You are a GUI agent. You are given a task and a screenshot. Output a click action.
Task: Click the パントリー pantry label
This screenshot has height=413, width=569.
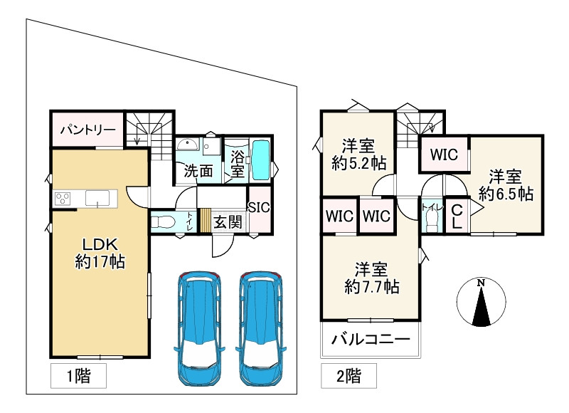click(x=87, y=130)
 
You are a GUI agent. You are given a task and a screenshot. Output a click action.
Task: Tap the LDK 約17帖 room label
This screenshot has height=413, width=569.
click(x=100, y=253)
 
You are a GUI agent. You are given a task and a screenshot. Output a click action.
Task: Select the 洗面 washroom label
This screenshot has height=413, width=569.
click(x=198, y=171)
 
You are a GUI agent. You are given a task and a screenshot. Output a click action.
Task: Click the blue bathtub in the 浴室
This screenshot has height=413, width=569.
click(x=260, y=160)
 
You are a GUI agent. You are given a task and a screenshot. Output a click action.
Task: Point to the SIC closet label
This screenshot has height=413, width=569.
click(x=259, y=206)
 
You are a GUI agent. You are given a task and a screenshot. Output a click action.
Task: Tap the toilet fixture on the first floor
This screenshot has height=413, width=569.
click(x=163, y=221)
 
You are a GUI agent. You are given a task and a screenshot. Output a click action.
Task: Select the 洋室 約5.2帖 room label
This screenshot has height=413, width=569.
click(x=358, y=155)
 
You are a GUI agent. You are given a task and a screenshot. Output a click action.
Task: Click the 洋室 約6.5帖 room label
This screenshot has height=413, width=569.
click(x=506, y=184)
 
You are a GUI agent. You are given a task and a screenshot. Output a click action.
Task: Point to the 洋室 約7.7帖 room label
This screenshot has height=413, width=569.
click(x=371, y=278)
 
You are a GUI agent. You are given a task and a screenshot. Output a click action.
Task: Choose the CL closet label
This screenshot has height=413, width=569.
click(x=457, y=215)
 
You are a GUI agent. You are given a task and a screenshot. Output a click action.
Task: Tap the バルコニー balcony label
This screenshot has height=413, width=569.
click(x=371, y=340)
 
